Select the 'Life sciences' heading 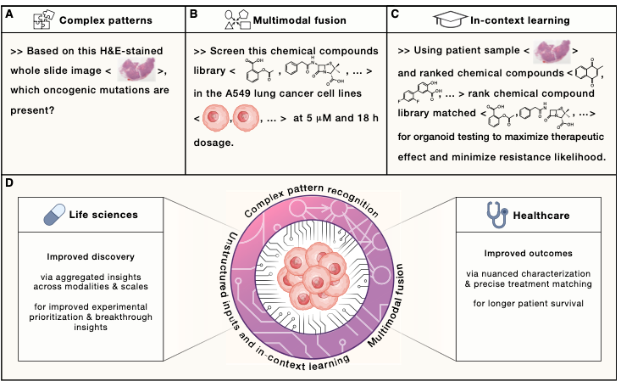click(116, 216)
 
